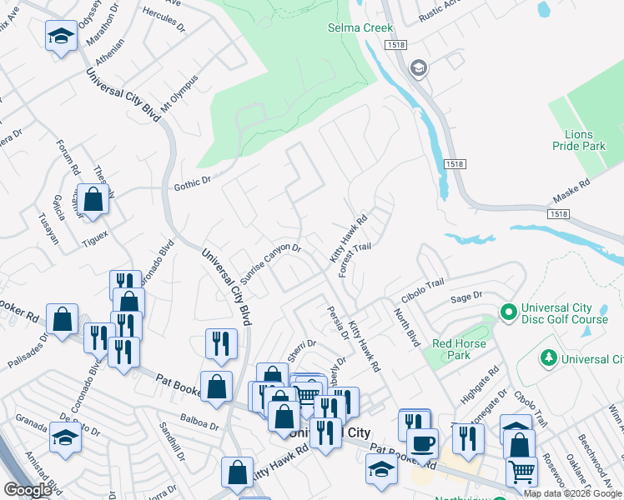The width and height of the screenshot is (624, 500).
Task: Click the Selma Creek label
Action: click(x=360, y=27)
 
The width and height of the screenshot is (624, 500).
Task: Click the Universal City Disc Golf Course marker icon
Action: click(x=507, y=312)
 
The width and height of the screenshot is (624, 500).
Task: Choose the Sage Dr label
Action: click(x=466, y=296)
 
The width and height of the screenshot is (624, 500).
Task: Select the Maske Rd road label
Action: click(x=571, y=194)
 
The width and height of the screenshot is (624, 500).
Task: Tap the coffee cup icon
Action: click(x=423, y=442)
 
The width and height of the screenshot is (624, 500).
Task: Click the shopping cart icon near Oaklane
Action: click(x=521, y=471)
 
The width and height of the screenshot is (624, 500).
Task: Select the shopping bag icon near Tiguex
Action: click(x=94, y=200)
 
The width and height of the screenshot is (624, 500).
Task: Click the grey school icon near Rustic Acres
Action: click(x=419, y=67)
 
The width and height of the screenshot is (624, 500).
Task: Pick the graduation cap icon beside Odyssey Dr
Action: click(x=60, y=36)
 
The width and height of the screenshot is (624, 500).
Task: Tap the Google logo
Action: click(x=28, y=490)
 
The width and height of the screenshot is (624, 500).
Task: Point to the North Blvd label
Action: click(x=407, y=326)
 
